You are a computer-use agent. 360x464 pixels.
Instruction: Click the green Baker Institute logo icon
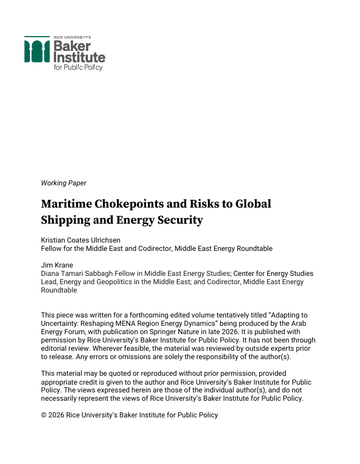pos(37,51)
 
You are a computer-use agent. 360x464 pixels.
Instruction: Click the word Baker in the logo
pos(72,46)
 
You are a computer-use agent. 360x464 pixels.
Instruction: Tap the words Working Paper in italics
pos(63,183)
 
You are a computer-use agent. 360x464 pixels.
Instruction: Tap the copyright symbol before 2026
pos(44,415)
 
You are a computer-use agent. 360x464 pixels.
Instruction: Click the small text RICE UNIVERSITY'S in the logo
pos(76,37)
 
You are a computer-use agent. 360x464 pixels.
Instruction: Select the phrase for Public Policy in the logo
pos(78,67)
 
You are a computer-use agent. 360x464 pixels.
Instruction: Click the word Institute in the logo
pos(79,57)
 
